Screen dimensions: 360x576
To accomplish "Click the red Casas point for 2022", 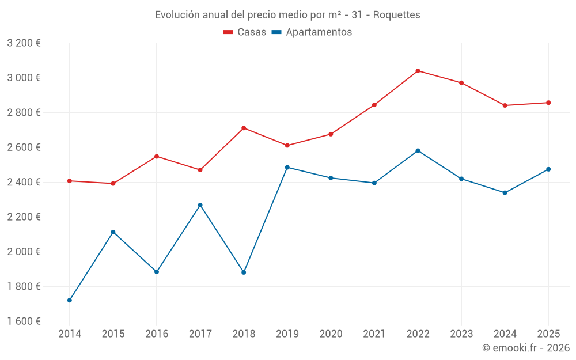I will coord(418,71).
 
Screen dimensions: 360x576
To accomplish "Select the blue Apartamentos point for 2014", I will coord(70,300).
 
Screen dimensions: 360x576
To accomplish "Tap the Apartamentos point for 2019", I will coord(287,167).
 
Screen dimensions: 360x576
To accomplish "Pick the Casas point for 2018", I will coord(244,128).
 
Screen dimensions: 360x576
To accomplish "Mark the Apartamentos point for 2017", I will coord(200,205).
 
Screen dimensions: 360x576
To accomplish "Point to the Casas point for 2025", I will coord(548,103).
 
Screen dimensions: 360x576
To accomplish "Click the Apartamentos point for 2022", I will coord(418,151).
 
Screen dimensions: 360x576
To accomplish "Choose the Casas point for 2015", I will coord(113,184).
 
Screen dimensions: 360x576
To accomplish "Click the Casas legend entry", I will coord(245,32).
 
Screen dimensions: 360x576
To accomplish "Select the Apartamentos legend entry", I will coord(312,32).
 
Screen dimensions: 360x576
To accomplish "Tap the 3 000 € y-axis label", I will coord(24,78).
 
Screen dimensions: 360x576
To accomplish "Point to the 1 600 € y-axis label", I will coord(24,321).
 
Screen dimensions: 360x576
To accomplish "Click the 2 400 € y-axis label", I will coord(24,182).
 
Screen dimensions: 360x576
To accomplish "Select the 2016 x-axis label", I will coord(157,334).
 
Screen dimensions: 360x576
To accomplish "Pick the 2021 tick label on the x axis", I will coord(374,334).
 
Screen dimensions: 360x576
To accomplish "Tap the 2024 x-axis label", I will coord(505,334).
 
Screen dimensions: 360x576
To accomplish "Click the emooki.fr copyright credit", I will coord(525,348).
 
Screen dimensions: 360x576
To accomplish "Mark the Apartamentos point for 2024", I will coord(505,193).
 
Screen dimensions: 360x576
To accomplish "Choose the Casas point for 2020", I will coord(331,134).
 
